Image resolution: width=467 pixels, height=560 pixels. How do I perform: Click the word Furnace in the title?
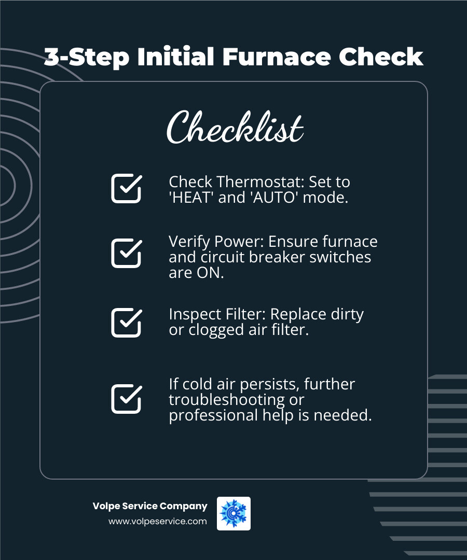point(277,57)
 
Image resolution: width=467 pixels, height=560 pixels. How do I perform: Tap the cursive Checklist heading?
point(234,127)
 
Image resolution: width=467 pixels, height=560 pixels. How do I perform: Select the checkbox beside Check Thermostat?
point(126,188)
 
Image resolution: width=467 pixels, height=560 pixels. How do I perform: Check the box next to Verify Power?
point(126,254)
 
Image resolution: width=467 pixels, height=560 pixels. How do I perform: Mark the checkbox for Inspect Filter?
point(126,323)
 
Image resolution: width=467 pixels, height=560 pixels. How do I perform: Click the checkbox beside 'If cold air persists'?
point(126,399)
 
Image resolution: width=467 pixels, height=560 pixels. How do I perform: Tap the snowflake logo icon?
point(233,513)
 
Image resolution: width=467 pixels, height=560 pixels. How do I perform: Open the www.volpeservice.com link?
point(157,522)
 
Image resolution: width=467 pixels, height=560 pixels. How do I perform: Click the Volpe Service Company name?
point(150,506)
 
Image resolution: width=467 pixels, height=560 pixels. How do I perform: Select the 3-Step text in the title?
point(86,57)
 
